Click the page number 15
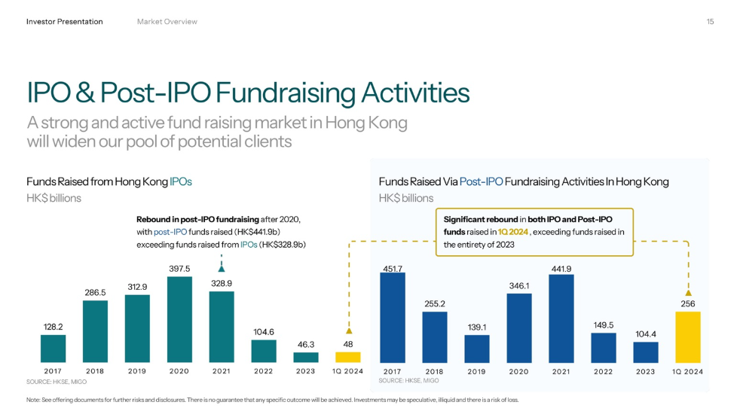coord(710,22)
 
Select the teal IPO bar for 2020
coord(179,320)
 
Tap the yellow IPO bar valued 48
coord(347,357)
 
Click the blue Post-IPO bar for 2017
coord(392,318)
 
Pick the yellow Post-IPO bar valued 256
coord(688,337)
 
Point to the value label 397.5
coord(179,269)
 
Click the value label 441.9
coord(561,269)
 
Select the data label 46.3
coord(305,344)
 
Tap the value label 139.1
coord(476,327)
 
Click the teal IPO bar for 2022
coord(264,352)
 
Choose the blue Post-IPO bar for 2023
coord(645,352)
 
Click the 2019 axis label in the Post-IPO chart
coord(476,371)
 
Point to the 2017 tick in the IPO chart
coord(53,371)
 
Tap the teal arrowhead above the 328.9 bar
coord(222,267)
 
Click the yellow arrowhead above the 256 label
coord(688,293)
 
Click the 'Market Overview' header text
coord(167,22)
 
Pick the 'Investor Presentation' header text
coord(64,22)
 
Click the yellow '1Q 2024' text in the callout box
coord(513,232)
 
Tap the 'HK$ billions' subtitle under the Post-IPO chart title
coord(406,198)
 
